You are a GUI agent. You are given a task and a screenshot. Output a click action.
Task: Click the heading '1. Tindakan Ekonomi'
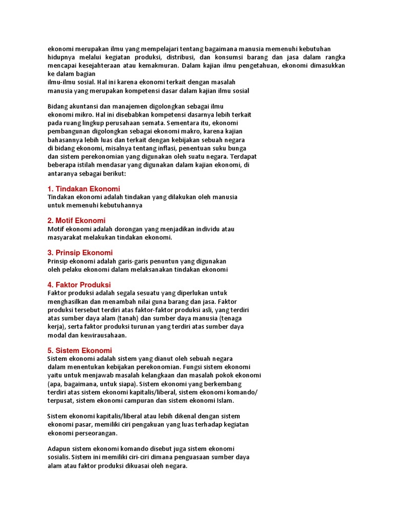click(x=83, y=189)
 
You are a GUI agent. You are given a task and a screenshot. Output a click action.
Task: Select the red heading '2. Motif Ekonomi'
click(x=76, y=221)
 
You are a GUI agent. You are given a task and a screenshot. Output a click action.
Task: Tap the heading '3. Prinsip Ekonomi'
click(x=80, y=253)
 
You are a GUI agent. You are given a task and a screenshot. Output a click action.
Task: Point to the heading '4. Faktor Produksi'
click(x=79, y=285)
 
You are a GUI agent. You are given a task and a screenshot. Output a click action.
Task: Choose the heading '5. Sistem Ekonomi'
click(x=79, y=351)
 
